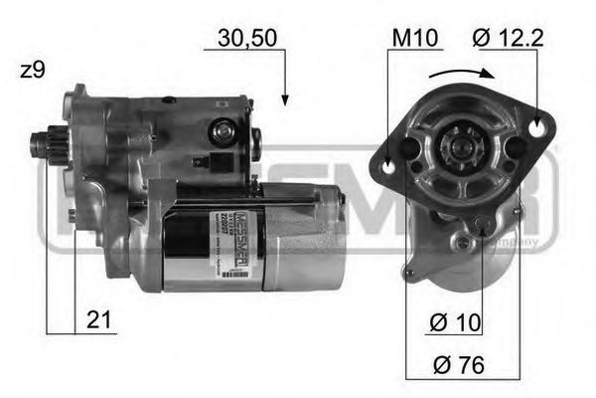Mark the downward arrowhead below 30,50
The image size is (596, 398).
point(285,99)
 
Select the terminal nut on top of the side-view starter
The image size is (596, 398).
point(223,130)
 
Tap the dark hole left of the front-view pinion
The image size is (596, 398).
point(409,148)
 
